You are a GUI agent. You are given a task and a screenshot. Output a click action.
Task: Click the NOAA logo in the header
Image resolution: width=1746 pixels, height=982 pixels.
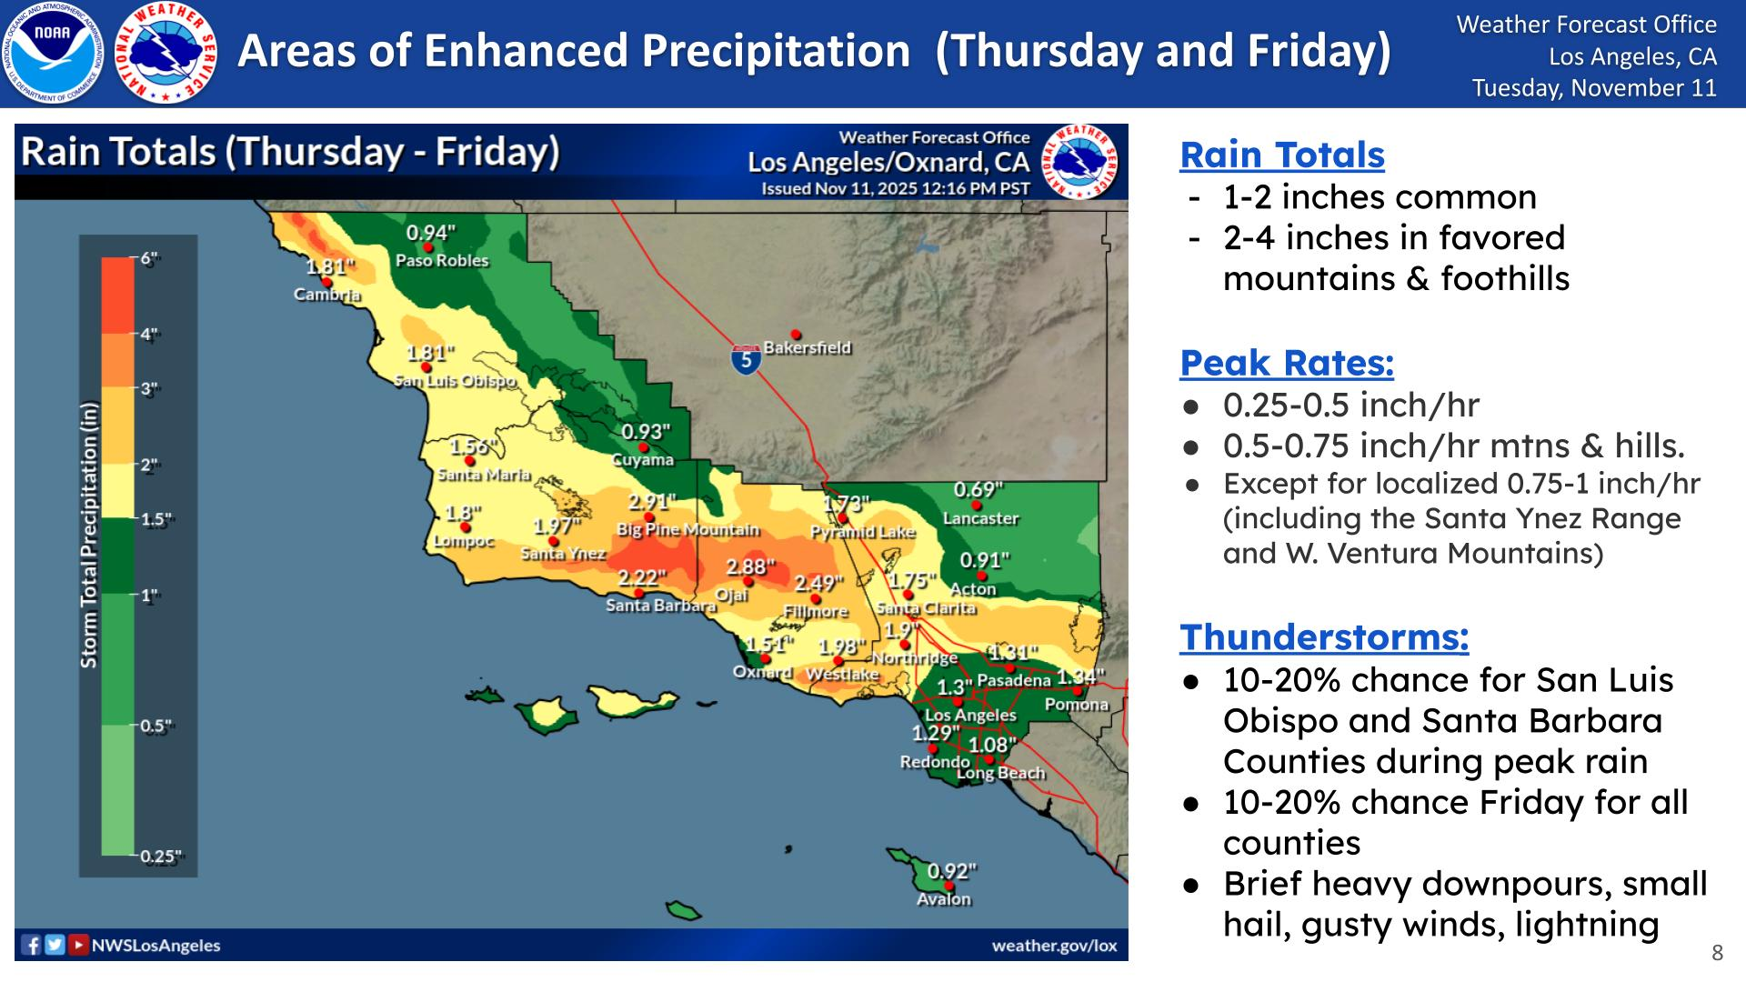tap(52, 52)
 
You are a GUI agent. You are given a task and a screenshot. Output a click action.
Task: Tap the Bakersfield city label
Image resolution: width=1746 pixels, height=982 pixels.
tap(807, 347)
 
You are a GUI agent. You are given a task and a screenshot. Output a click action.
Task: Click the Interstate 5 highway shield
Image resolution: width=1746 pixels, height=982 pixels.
tap(746, 359)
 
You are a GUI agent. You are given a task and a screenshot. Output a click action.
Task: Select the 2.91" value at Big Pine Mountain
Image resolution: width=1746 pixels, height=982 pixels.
tap(651, 502)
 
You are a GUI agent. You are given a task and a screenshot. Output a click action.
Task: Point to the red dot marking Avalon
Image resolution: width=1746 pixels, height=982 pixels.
tap(949, 885)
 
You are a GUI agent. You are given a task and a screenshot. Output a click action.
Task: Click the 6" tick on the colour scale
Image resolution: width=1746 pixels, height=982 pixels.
tap(149, 258)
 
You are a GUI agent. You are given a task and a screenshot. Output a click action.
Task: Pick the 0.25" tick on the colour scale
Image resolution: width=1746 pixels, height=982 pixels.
tap(160, 856)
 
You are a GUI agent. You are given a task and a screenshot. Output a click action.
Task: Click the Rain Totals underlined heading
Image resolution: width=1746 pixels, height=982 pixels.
tap(1281, 155)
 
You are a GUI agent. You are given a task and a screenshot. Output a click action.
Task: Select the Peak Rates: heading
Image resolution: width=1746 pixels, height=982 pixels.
tap(1286, 363)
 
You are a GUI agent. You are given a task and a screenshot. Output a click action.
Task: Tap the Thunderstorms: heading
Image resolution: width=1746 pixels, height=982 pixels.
tap(1323, 637)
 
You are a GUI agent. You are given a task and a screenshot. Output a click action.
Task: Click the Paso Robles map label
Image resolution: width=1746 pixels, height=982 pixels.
tap(442, 261)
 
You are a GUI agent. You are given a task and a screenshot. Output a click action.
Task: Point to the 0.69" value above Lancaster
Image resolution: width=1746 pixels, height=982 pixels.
tap(978, 490)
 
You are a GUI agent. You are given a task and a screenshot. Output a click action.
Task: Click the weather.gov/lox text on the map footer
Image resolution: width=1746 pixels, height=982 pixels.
tap(1054, 946)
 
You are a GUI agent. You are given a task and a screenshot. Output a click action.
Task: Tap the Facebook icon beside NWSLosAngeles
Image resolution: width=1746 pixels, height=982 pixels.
tap(32, 946)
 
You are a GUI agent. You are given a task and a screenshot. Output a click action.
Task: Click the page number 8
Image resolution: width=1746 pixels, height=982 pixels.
tap(1717, 953)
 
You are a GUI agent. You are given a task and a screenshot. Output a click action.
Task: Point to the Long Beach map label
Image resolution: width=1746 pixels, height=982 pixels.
tap(1000, 773)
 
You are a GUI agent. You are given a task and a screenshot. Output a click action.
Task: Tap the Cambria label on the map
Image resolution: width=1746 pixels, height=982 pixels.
tap(327, 295)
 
